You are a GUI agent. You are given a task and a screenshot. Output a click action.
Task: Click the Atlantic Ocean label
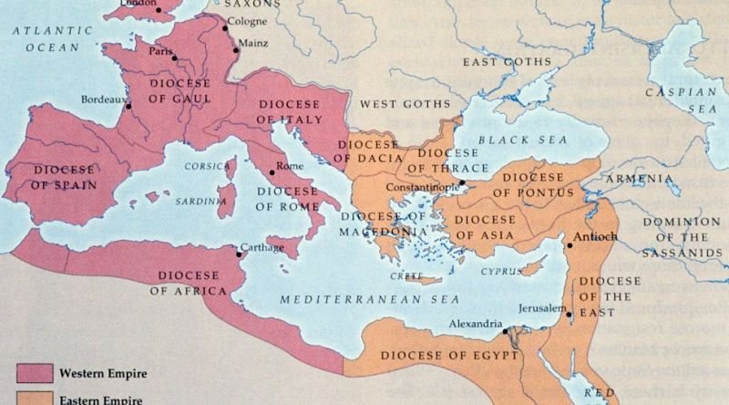(x=53, y=37)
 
